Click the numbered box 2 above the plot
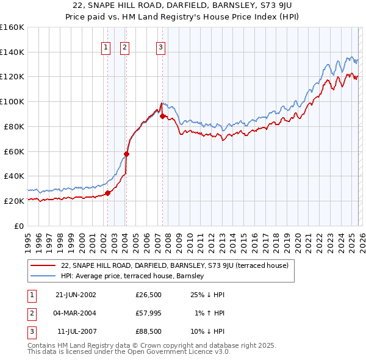coord(124,48)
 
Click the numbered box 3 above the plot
coord(160,48)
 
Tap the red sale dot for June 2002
coord(108,193)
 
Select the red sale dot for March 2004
coord(126,154)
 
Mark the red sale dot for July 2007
coord(162,116)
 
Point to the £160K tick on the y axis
coord(12,27)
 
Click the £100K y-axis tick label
coord(12,101)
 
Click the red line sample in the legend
coord(43,265)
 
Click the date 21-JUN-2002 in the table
coord(76,295)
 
